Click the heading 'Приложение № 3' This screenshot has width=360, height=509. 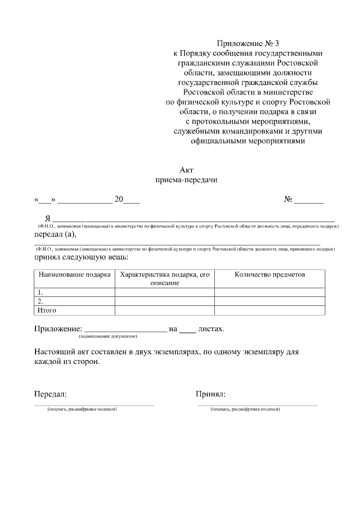pos(247,43)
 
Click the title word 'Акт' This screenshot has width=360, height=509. pos(186,170)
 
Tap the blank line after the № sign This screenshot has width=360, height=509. pos(309,200)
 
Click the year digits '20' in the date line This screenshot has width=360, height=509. pos(119,200)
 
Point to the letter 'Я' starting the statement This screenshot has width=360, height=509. pos(48,218)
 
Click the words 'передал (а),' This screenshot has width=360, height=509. pos(55,234)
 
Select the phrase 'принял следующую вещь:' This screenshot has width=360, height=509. pos(81,258)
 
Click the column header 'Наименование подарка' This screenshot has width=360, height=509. pos(74,275)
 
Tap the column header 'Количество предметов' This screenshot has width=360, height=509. pos(269,275)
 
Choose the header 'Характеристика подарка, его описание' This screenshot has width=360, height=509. pos(164,279)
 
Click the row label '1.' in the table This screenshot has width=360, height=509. pos(40,292)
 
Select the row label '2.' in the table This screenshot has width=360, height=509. pos(40,301)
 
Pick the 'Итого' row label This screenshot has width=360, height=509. pos(47,310)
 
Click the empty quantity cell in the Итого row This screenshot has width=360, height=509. pos(269,310)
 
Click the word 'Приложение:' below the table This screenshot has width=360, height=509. pos(58,328)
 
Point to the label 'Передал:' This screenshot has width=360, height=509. pos(51,394)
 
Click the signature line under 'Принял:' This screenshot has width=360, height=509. pos(257,404)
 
